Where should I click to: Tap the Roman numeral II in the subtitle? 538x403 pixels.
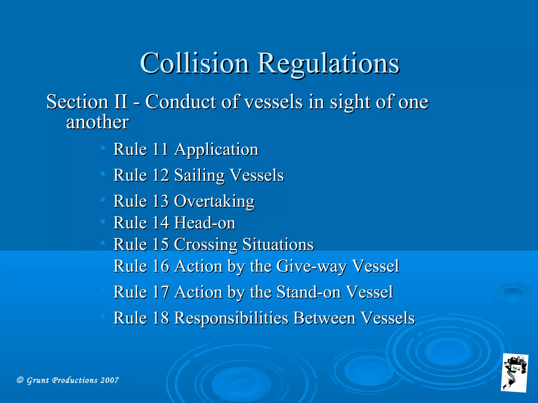click(x=121, y=102)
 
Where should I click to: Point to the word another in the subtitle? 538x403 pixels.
click(x=97, y=122)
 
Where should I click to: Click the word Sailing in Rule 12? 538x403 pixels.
click(x=199, y=175)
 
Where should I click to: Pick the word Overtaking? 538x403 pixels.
click(x=214, y=201)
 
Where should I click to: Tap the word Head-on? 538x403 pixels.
click(x=205, y=223)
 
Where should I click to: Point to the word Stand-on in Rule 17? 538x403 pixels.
click(x=309, y=292)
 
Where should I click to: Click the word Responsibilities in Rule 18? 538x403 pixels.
click(x=231, y=318)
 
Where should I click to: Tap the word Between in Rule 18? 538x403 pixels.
click(x=324, y=318)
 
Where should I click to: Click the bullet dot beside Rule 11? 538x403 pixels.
click(x=103, y=148)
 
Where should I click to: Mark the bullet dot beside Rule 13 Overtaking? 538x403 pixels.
click(x=103, y=200)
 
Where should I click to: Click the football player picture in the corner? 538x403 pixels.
click(x=514, y=373)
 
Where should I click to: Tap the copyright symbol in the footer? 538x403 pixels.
click(x=20, y=380)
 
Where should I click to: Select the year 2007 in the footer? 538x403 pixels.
click(x=110, y=380)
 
